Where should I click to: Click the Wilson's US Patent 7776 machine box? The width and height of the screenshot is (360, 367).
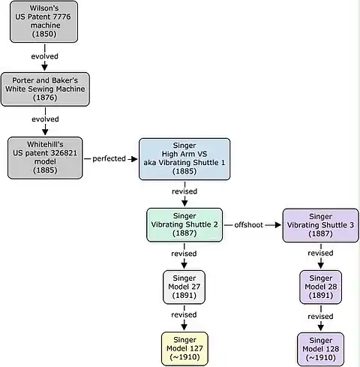click(x=43, y=22)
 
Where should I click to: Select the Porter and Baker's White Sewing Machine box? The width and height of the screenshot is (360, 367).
click(x=45, y=89)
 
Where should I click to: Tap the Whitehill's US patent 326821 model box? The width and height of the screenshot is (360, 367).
click(x=45, y=158)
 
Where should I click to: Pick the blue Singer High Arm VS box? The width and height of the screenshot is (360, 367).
click(x=184, y=159)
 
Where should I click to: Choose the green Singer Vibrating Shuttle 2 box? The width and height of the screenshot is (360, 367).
click(x=184, y=225)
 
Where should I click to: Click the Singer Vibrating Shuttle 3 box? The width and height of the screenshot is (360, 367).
click(x=320, y=225)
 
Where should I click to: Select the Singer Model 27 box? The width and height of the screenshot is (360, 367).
click(x=184, y=287)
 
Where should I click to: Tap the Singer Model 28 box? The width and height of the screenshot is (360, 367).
click(x=320, y=287)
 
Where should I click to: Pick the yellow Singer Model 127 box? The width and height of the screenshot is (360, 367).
click(x=184, y=349)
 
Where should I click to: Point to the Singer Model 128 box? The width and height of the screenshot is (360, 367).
click(x=320, y=349)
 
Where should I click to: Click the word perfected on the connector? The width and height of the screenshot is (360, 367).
click(x=109, y=158)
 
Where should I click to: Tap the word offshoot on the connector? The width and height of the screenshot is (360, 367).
click(x=249, y=225)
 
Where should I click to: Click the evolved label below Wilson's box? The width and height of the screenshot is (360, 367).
click(x=45, y=56)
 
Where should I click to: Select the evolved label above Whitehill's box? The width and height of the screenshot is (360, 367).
click(x=45, y=119)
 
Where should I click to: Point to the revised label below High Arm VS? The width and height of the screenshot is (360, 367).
click(x=184, y=191)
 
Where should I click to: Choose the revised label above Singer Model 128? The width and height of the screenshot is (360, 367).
click(x=320, y=317)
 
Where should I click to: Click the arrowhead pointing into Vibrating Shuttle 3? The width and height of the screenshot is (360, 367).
click(x=278, y=225)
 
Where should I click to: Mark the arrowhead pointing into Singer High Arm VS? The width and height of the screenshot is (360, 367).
click(x=134, y=159)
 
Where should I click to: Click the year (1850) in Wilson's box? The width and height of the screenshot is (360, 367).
click(x=44, y=34)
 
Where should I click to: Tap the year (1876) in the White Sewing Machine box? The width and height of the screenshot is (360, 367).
click(x=45, y=98)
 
